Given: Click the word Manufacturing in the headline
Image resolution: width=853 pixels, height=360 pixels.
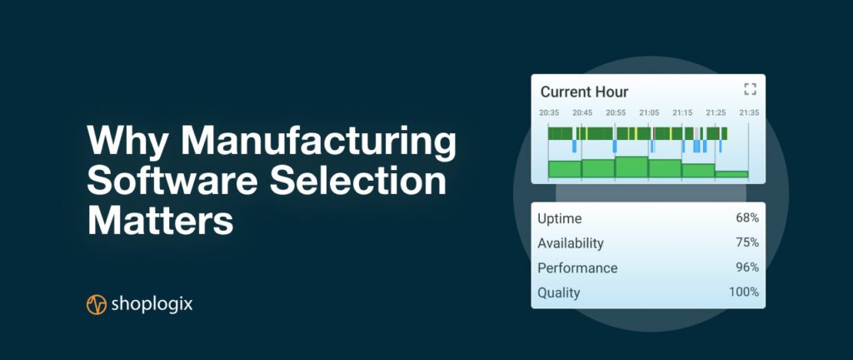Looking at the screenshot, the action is (319, 142).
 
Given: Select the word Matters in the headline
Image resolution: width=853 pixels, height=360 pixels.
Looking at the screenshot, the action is (161, 219).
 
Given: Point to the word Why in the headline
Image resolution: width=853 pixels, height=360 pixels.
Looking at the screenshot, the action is (128, 142).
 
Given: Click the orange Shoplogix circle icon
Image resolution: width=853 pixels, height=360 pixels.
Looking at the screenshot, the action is (97, 304).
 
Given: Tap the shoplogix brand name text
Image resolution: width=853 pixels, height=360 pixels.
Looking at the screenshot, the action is (152, 304).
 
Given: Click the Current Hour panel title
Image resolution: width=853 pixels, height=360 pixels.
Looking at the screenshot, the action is (584, 92).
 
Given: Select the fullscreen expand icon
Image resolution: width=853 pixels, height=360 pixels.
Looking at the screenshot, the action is (751, 89).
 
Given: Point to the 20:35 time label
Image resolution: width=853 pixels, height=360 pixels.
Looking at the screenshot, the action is (549, 112).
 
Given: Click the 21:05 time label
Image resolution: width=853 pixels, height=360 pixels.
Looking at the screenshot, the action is (649, 112).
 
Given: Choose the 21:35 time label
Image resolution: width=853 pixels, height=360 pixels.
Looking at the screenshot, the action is (749, 112).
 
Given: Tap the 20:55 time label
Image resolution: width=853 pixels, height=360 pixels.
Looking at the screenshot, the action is (616, 112).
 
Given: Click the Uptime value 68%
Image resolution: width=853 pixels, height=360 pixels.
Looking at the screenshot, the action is (747, 218).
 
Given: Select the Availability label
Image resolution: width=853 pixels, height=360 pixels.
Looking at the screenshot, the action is (571, 243).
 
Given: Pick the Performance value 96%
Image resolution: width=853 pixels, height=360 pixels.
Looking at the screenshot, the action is (747, 267).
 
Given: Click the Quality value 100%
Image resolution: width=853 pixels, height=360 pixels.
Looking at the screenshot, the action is (744, 292).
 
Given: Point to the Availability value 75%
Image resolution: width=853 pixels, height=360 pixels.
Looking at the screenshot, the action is (747, 242).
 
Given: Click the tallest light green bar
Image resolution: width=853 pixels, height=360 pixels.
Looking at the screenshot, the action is (631, 167).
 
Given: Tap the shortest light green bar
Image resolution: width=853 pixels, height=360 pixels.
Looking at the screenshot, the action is (731, 174).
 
